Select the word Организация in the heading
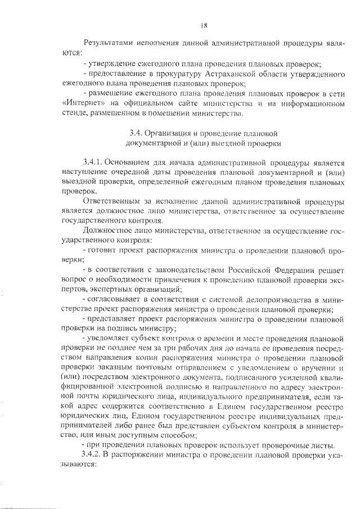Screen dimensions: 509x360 [171, 134]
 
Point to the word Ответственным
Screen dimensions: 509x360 [111, 201]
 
